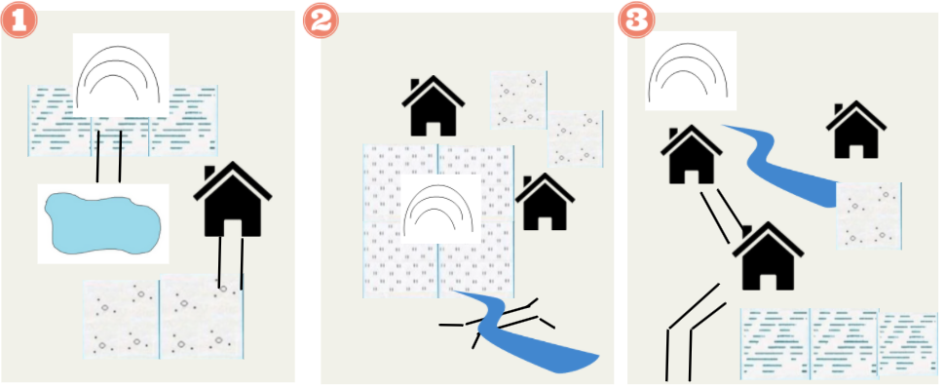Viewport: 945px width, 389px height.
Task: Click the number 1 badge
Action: (x=19, y=19)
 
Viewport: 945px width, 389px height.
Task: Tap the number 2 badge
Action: (x=321, y=19)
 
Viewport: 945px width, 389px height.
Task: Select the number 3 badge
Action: (x=636, y=19)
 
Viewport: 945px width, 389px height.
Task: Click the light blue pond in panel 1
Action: (x=103, y=223)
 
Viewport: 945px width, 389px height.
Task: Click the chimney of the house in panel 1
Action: (x=209, y=173)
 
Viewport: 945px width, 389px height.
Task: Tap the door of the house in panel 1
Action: (x=233, y=227)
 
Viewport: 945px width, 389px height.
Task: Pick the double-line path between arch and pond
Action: (x=109, y=156)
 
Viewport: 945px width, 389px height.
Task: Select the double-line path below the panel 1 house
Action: (x=231, y=263)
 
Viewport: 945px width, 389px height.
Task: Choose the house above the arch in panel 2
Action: (x=433, y=106)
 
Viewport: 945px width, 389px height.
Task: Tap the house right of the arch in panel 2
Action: (x=545, y=202)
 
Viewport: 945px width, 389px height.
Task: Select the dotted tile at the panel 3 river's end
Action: (x=868, y=215)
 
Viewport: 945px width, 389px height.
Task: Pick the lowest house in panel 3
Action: (x=768, y=256)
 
